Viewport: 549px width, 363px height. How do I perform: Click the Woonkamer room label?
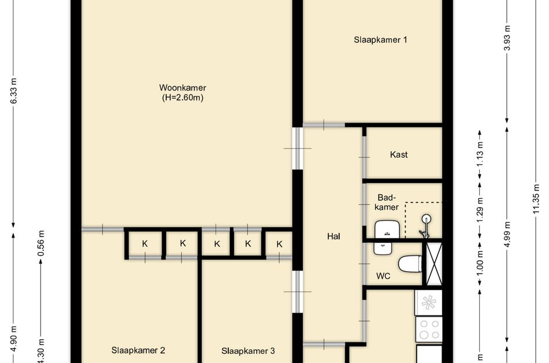[182, 88]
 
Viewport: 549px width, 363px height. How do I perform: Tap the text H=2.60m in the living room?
[182, 98]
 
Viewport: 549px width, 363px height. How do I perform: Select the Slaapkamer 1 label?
[381, 40]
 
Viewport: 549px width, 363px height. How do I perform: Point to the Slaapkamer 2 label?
[138, 350]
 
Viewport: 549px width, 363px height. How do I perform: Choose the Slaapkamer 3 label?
[248, 351]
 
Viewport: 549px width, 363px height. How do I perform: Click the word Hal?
[333, 236]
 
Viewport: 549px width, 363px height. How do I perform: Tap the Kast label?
[399, 154]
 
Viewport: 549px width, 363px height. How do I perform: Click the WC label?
[383, 276]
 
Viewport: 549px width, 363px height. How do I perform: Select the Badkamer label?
[386, 202]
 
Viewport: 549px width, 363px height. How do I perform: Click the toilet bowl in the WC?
[411, 263]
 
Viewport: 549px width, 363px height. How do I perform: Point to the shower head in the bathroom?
[427, 220]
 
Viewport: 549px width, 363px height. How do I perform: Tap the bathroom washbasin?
[385, 229]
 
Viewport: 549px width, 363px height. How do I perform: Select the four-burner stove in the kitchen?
[429, 329]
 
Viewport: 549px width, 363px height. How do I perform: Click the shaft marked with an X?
[434, 264]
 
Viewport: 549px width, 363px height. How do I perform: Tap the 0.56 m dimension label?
[41, 243]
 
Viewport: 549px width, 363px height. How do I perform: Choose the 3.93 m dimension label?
[507, 38]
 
